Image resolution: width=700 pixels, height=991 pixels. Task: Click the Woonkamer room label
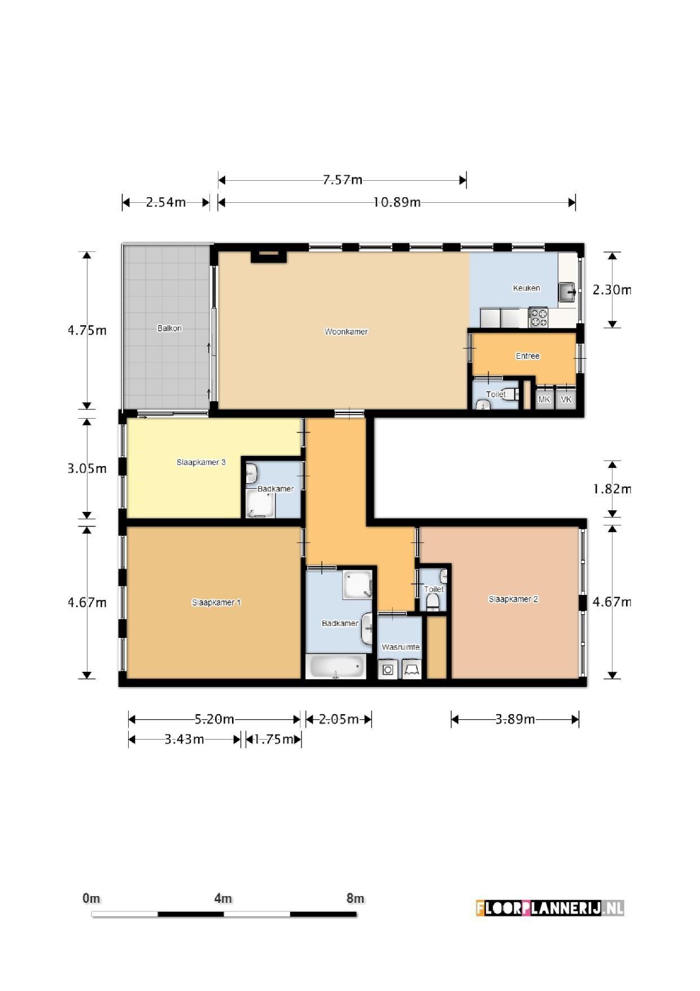click(346, 332)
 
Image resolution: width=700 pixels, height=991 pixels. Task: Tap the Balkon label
click(169, 328)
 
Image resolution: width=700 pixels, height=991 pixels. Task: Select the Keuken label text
click(526, 288)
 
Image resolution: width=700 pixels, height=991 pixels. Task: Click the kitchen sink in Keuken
click(567, 292)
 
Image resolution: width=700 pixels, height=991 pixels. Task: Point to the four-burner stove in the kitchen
click(538, 317)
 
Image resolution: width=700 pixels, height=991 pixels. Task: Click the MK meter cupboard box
click(544, 399)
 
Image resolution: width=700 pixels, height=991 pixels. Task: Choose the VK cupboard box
click(566, 399)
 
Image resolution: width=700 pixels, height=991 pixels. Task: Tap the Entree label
click(528, 356)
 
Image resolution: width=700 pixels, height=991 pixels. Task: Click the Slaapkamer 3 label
click(201, 462)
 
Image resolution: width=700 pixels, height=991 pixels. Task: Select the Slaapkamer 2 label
click(513, 599)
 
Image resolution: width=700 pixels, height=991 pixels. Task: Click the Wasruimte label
click(401, 647)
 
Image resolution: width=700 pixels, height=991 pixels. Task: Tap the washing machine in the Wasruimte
click(388, 670)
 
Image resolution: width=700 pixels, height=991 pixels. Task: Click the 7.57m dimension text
click(343, 180)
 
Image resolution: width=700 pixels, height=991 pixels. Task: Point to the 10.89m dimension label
click(397, 202)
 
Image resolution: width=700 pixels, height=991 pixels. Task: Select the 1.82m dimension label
click(612, 489)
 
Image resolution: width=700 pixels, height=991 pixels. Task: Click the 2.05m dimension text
click(339, 719)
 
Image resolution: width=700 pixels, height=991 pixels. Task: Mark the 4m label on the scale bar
click(223, 898)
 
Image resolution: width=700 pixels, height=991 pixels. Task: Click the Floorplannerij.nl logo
click(550, 908)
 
